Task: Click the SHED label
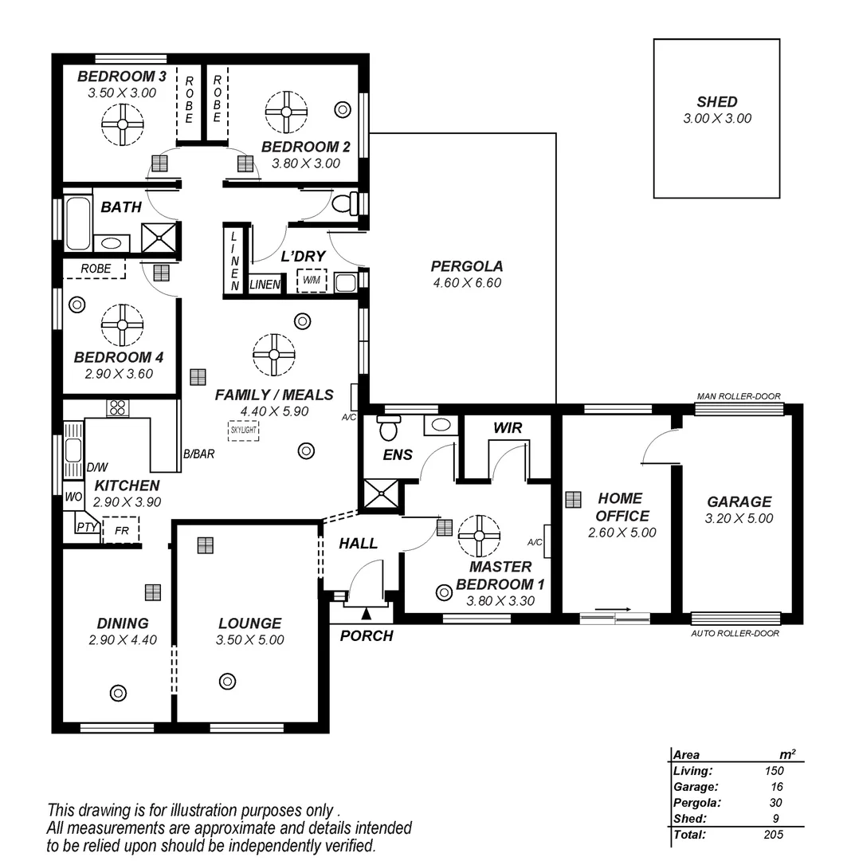pyautogui.click(x=716, y=102)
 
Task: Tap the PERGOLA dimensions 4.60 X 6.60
pyautogui.click(x=466, y=282)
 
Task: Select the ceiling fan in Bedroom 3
pyautogui.click(x=123, y=124)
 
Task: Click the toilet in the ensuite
pyautogui.click(x=389, y=429)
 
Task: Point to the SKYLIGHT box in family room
pyautogui.click(x=243, y=431)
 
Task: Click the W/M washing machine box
pyautogui.click(x=311, y=281)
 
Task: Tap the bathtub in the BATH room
pyautogui.click(x=77, y=224)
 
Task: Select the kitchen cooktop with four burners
pyautogui.click(x=117, y=407)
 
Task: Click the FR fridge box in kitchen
pyautogui.click(x=121, y=529)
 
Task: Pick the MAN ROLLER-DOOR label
pyautogui.click(x=738, y=396)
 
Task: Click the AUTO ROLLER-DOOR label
pyautogui.click(x=735, y=633)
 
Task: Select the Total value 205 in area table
pyautogui.click(x=772, y=835)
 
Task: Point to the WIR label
pyautogui.click(x=508, y=428)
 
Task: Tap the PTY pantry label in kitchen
pyautogui.click(x=86, y=527)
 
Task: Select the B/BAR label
pyautogui.click(x=198, y=454)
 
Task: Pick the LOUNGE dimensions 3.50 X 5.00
pyautogui.click(x=249, y=639)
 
